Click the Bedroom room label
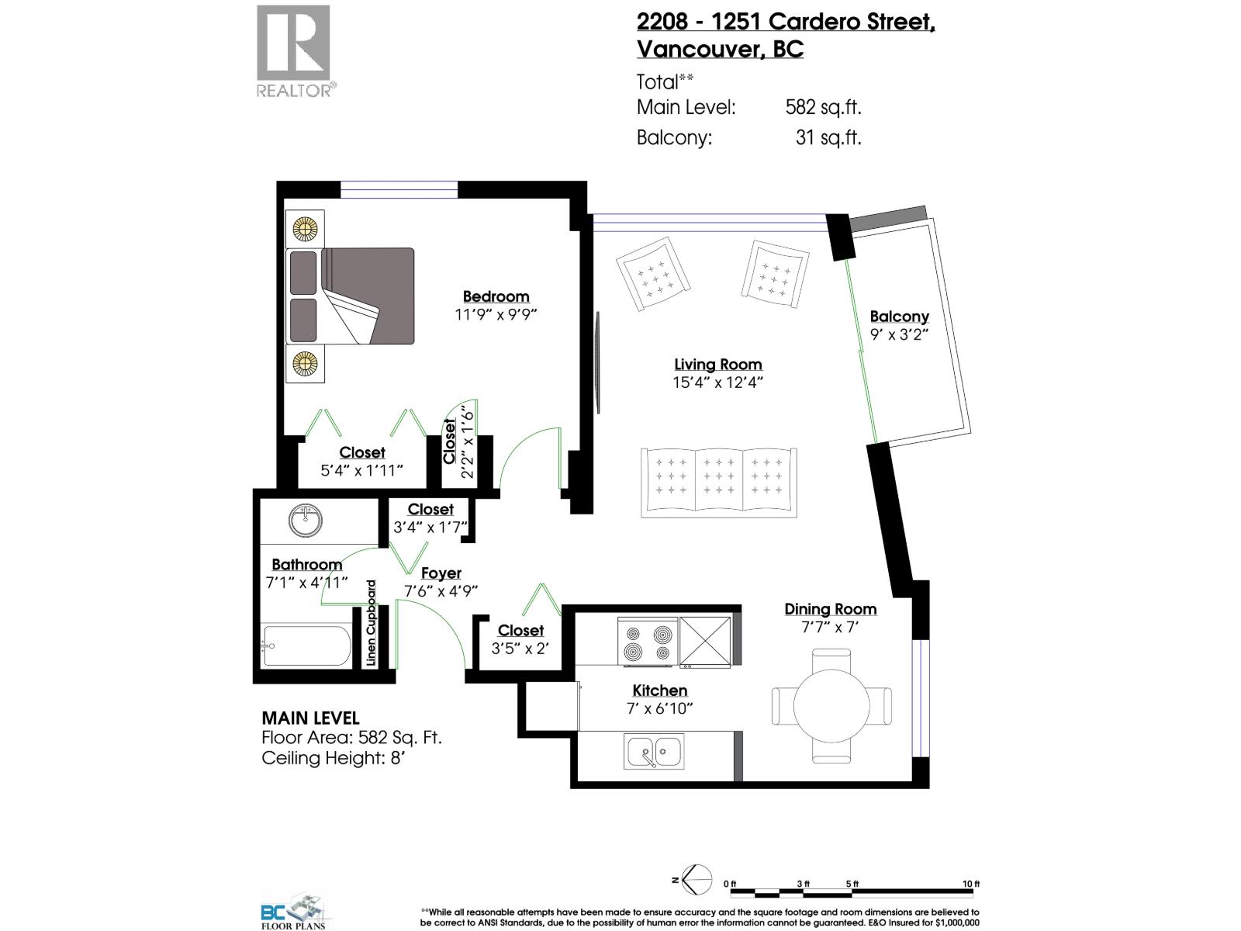point(496,296)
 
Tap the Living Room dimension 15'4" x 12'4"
point(718,382)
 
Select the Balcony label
point(899,317)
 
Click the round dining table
point(831,706)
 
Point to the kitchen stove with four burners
point(648,642)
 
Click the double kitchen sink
point(654,752)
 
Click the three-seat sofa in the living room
point(719,482)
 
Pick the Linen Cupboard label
point(372,623)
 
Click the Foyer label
point(441,573)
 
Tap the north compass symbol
point(696,880)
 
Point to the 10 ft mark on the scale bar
point(971,884)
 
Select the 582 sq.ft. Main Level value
point(823,107)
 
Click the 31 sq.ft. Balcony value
point(828,138)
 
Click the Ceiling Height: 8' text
point(334,758)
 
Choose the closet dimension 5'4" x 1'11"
point(362,471)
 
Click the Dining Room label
point(830,609)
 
